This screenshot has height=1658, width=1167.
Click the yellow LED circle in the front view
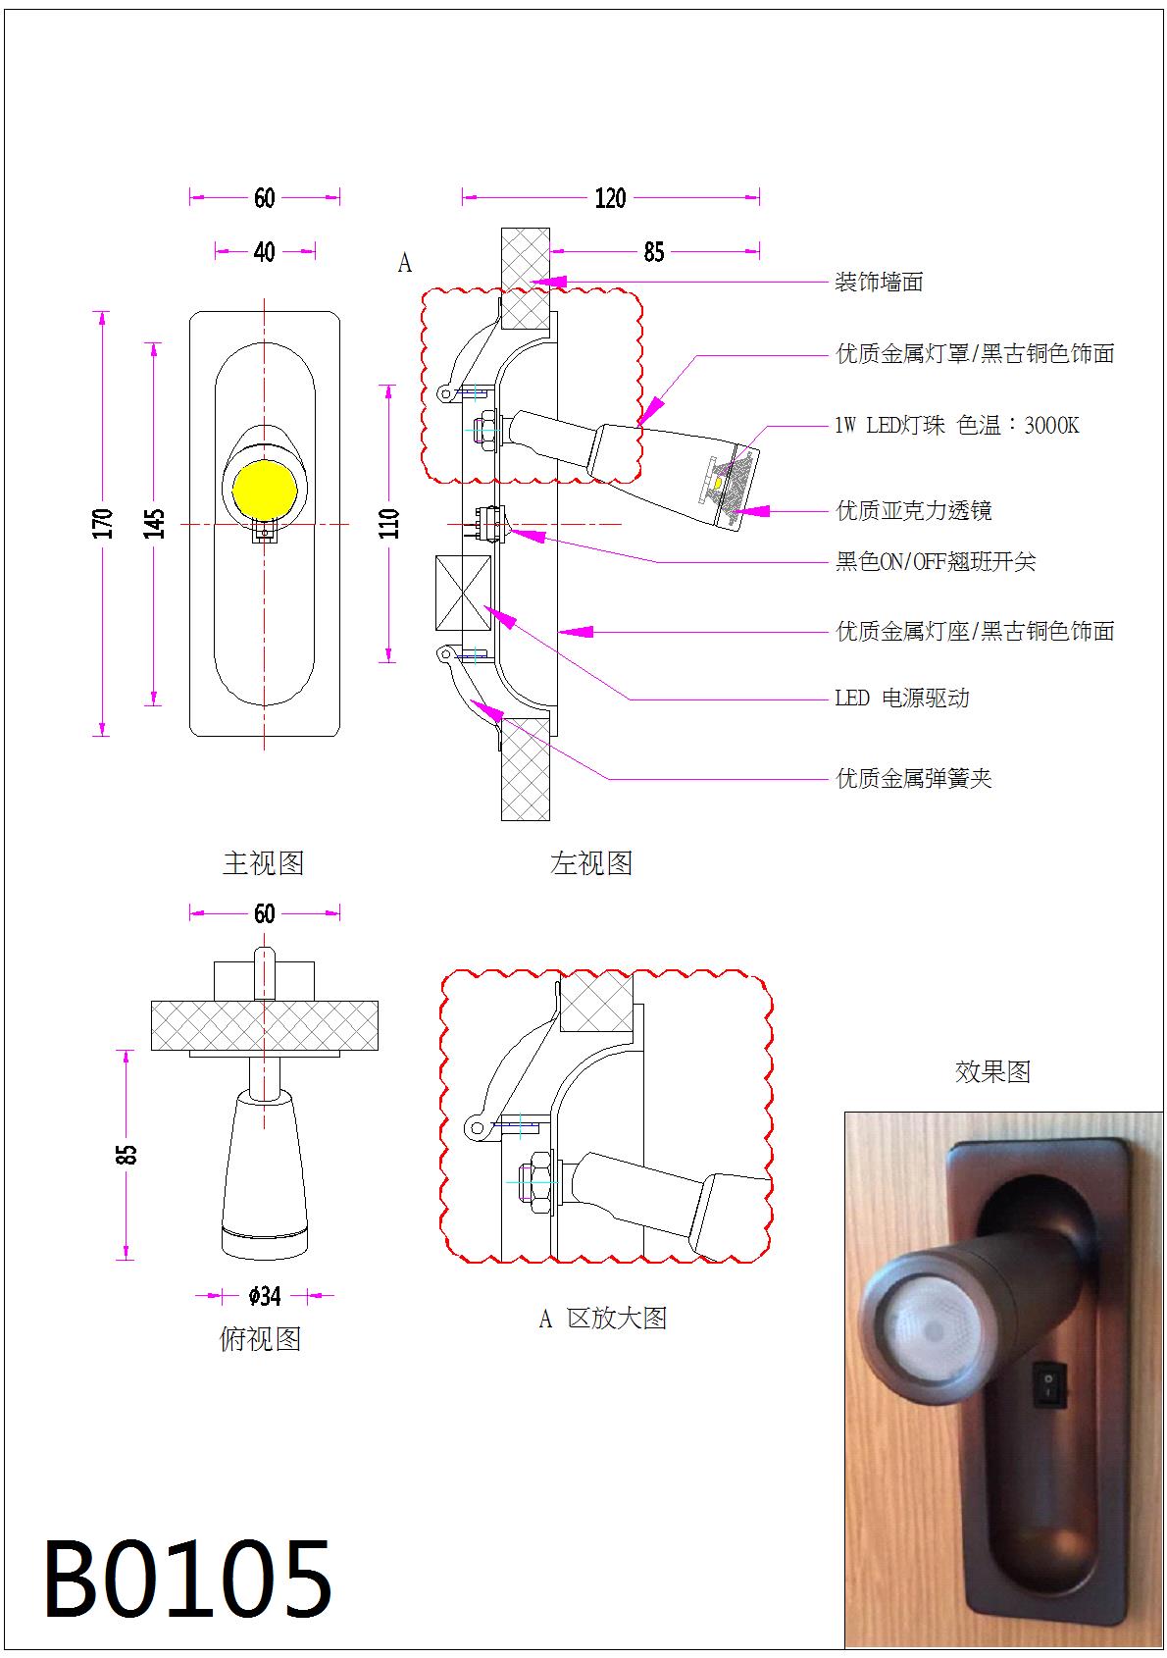[264, 489]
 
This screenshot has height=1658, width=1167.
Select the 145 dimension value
[155, 523]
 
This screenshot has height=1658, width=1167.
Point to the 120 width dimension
[610, 198]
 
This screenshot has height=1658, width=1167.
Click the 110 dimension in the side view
[390, 523]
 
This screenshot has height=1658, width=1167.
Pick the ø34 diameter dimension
[265, 1296]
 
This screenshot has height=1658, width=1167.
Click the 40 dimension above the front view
[265, 252]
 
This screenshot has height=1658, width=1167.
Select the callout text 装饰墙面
[879, 283]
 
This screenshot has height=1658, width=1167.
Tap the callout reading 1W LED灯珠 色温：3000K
[956, 425]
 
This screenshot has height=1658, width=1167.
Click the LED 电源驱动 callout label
[901, 699]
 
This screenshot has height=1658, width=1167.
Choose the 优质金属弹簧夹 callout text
[913, 779]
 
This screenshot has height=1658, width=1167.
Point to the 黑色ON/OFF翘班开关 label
[935, 562]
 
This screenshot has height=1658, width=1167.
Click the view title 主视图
[263, 863]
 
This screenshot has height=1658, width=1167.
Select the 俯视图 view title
[260, 1338]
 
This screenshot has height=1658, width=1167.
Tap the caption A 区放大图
[603, 1319]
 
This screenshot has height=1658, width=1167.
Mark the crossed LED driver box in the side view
[463, 593]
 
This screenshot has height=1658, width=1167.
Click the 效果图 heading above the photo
[992, 1071]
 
